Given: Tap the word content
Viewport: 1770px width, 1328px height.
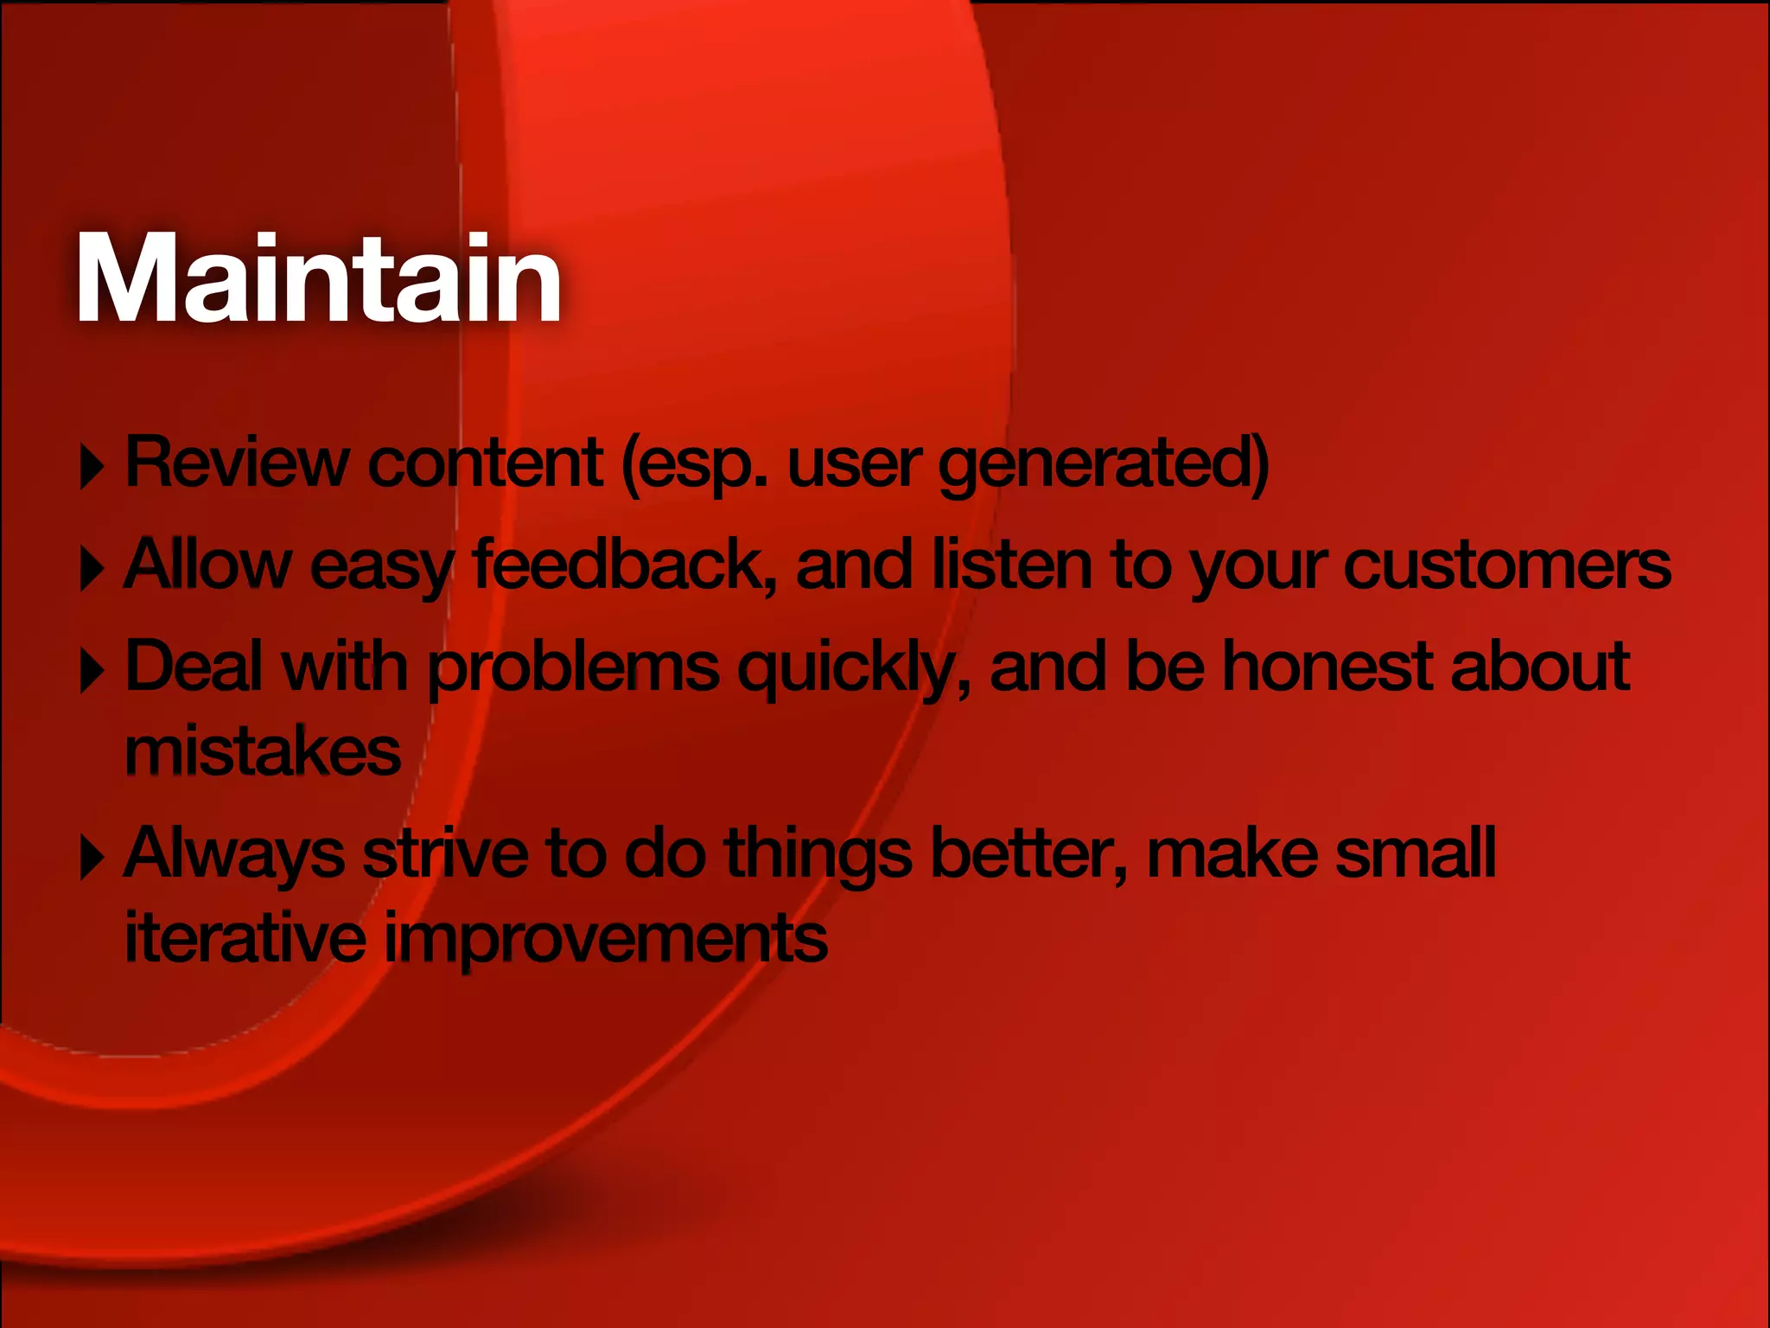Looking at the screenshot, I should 485,463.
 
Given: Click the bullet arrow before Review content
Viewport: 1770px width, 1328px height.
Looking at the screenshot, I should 91,468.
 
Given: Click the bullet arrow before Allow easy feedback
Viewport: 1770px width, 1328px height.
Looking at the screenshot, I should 91,569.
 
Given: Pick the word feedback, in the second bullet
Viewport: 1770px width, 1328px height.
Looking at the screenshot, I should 623,565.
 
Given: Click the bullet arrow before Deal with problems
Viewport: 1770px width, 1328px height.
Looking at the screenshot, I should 91,671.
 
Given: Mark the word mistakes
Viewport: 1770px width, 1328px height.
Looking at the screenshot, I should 263,751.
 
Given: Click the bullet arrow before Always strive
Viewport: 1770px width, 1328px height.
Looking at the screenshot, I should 91,858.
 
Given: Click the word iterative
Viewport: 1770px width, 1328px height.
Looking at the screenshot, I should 245,937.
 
